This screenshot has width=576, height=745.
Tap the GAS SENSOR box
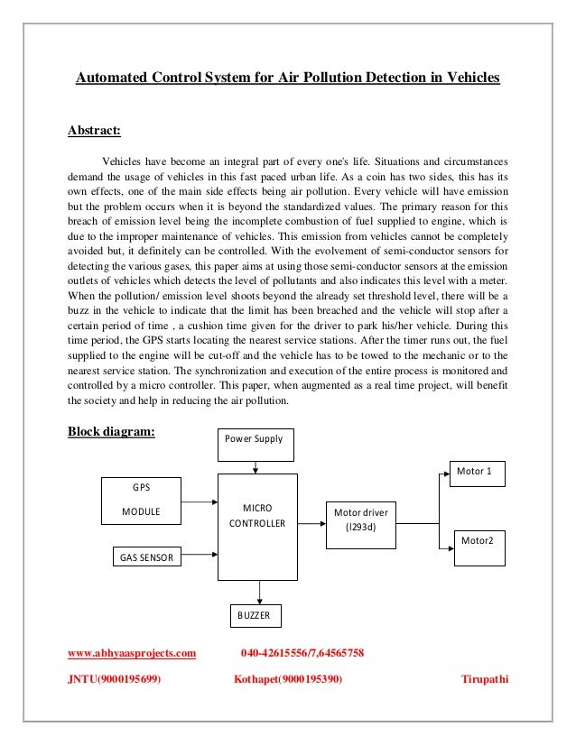[x=146, y=557]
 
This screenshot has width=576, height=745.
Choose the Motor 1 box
[x=478, y=473]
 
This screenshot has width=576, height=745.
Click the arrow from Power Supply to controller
[x=258, y=464]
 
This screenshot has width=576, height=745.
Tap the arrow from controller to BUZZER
[x=260, y=591]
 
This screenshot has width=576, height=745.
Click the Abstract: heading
[x=95, y=130]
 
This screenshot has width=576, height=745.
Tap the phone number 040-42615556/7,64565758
[x=302, y=651]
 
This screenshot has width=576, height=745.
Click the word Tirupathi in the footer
[x=485, y=679]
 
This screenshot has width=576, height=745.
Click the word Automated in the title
[x=111, y=78]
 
